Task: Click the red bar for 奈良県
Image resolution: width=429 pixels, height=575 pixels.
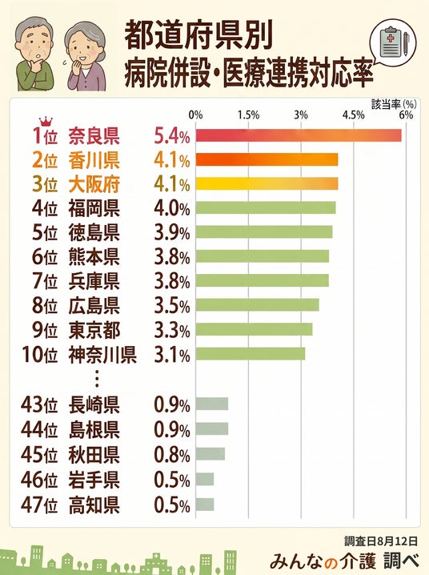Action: (299, 135)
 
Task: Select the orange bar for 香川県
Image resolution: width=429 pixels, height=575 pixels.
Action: (267, 160)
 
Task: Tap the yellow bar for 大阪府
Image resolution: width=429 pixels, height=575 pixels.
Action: (267, 183)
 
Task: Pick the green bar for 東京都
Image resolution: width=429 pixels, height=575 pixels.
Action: (254, 329)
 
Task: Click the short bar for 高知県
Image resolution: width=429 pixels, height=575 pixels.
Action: (204, 505)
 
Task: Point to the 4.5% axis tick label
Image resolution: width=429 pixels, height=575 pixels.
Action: (354, 115)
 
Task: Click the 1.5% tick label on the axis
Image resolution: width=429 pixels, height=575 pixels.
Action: (248, 115)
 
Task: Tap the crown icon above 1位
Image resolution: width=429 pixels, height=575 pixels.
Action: (46, 122)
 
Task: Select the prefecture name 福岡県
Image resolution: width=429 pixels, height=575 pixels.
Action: (94, 209)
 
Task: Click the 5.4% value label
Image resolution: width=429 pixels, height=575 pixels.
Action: (172, 136)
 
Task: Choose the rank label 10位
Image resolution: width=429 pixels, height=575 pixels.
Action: (39, 355)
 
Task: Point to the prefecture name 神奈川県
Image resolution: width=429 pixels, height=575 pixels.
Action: (102, 355)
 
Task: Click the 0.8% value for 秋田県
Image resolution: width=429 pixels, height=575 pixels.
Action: (172, 455)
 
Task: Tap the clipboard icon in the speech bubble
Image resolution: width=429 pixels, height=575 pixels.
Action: (391, 43)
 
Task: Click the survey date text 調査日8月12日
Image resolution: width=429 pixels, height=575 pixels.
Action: (381, 541)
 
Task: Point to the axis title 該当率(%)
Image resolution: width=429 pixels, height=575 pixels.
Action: (394, 104)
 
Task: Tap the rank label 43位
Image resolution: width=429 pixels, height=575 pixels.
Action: (39, 405)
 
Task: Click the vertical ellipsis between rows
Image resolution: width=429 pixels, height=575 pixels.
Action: (97, 379)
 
